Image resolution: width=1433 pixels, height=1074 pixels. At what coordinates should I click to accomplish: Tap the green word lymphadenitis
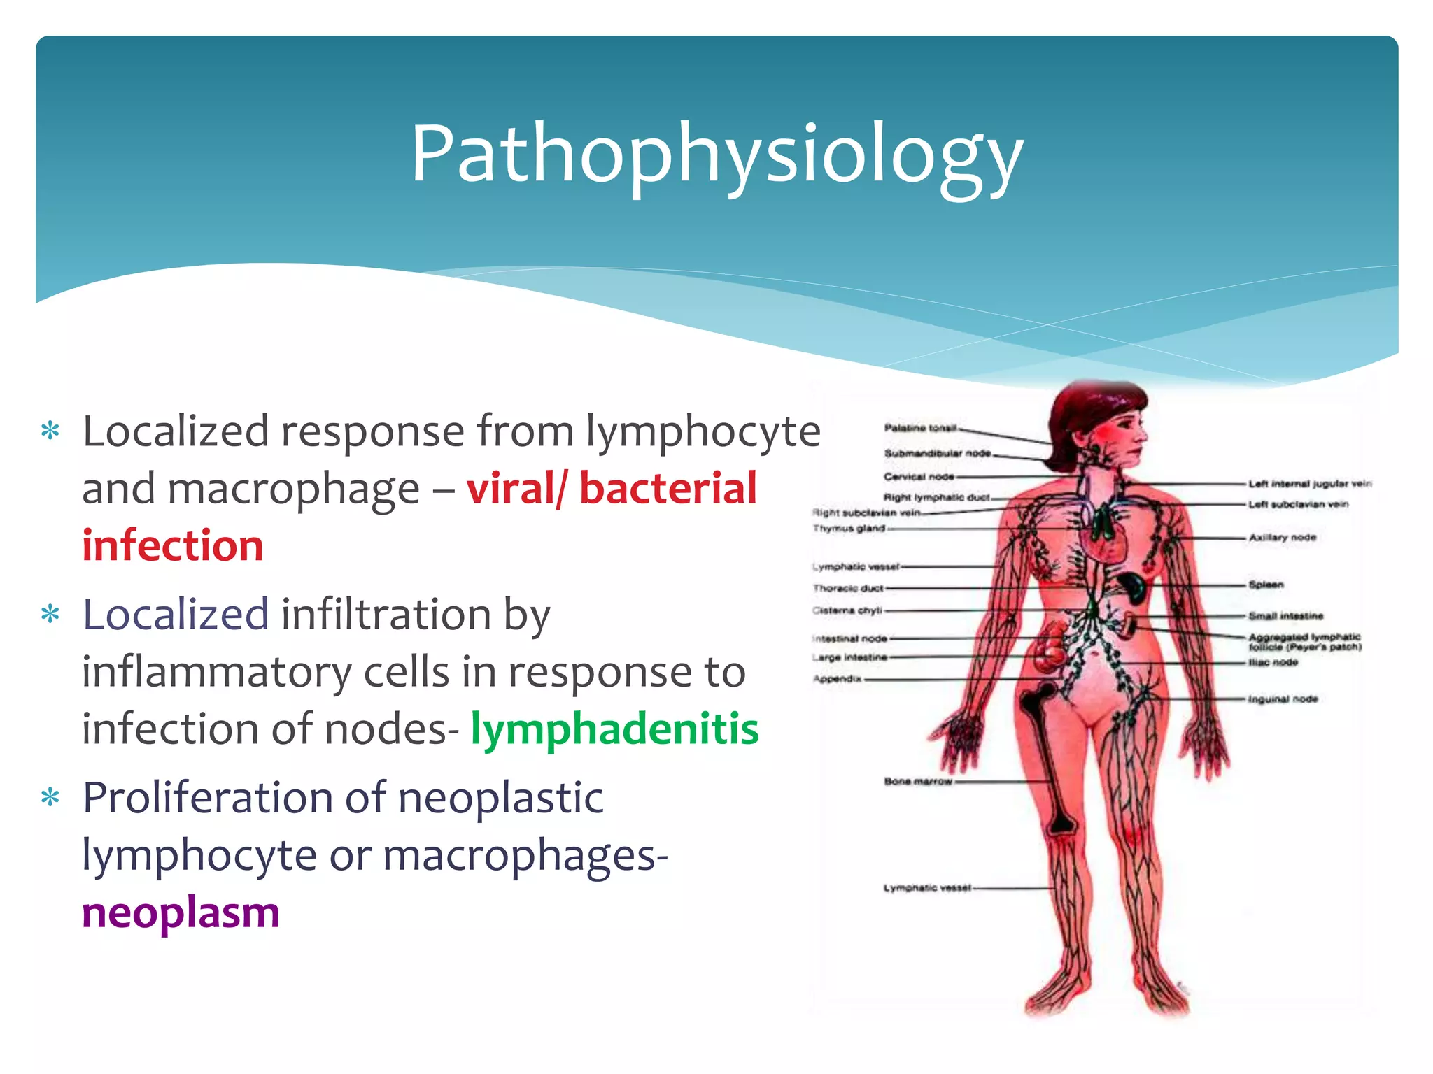click(x=614, y=729)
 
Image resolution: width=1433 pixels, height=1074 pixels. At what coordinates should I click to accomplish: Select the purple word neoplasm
click(x=181, y=912)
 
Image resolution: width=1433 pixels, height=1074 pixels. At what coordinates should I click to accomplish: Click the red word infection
click(x=173, y=545)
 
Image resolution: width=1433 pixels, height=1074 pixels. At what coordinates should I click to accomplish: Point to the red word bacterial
click(x=668, y=488)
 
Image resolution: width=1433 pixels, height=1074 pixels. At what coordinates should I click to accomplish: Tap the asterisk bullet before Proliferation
click(x=50, y=797)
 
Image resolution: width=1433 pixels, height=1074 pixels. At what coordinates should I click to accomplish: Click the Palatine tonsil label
click(x=919, y=428)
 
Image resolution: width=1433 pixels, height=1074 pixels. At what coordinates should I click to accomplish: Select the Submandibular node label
click(x=937, y=453)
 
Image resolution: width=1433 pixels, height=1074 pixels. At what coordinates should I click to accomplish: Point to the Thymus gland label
click(x=849, y=529)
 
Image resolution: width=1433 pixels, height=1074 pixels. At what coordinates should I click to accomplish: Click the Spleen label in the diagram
click(x=1266, y=585)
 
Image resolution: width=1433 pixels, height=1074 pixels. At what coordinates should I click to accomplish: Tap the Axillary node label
click(x=1282, y=538)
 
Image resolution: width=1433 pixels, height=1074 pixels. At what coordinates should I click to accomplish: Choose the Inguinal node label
click(x=1283, y=699)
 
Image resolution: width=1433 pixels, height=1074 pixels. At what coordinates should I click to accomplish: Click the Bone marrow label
click(x=918, y=781)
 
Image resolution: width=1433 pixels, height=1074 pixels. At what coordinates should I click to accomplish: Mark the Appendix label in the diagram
click(x=837, y=678)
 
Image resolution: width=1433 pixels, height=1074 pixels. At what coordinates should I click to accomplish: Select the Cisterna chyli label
click(x=847, y=610)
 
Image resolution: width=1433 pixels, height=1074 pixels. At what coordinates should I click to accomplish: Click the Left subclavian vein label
click(x=1298, y=504)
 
